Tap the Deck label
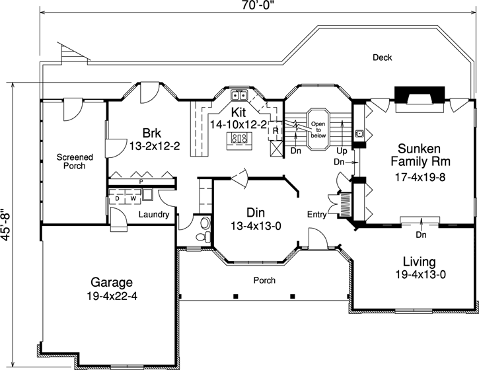click(x=382, y=57)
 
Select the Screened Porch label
click(x=74, y=162)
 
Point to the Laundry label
click(x=153, y=215)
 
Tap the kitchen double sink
click(x=239, y=94)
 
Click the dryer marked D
click(x=117, y=197)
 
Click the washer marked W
click(x=132, y=197)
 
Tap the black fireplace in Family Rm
click(x=412, y=93)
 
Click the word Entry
click(x=316, y=215)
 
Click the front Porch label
click(x=264, y=280)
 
